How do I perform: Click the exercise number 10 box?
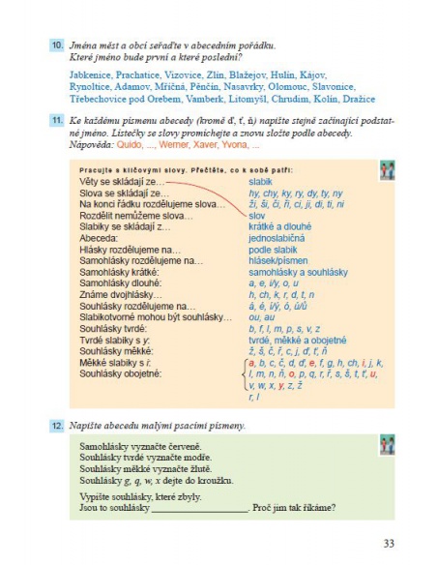58,45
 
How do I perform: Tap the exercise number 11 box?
58,119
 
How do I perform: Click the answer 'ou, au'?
261,317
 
